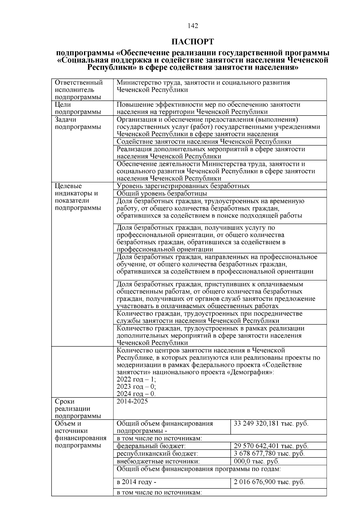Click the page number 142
[x=193, y=26]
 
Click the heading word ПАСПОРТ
[x=193, y=41]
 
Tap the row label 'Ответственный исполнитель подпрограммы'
[x=79, y=90]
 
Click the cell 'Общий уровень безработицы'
[x=162, y=193]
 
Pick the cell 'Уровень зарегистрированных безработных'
[x=183, y=186]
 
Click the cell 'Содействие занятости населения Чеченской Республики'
[x=204, y=142]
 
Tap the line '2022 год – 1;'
[x=136, y=379]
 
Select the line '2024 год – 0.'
[x=136, y=394]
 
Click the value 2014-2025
[x=132, y=401]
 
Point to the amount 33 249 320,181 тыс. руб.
[x=271, y=424]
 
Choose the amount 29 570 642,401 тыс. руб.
[x=271, y=446]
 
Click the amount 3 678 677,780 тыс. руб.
[x=269, y=454]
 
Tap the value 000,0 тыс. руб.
[x=256, y=461]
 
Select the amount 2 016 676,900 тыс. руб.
[x=269, y=482]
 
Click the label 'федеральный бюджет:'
[x=151, y=446]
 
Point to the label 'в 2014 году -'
[x=136, y=482]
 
